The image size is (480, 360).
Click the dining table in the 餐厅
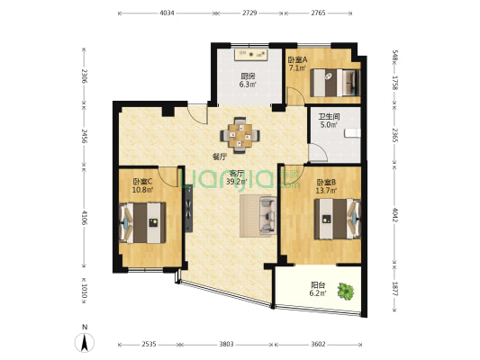pos(240,135)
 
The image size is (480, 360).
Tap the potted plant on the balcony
pos(346,292)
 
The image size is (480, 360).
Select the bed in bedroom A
pos(335,83)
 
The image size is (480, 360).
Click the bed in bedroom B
pos(338,219)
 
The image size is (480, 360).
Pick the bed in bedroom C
pos(142,222)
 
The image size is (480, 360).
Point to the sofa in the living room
pos(268,216)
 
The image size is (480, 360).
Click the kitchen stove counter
pos(251,54)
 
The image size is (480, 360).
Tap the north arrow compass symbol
pos(85,342)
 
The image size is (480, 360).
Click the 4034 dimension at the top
pos(168,13)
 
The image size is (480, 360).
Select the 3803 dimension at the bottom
pos(226,345)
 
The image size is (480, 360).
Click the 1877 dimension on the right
pos(394,289)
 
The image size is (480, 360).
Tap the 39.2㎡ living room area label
pos(237,182)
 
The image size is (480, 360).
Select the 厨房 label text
pos(248,76)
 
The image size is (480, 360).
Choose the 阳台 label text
pos(318,285)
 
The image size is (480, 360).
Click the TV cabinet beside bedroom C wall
pos(188,208)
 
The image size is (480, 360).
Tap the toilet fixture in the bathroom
pos(352,133)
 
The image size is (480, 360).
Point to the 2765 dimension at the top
pos(319,13)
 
